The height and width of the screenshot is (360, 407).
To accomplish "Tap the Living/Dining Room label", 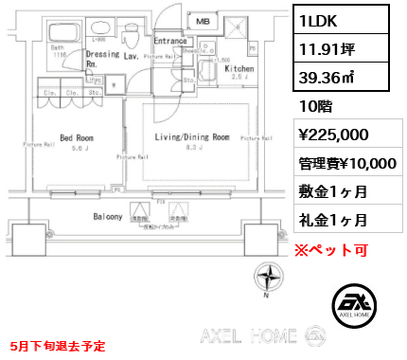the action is pyautogui.click(x=192, y=136).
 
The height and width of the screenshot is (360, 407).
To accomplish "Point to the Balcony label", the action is pyautogui.click(x=106, y=217).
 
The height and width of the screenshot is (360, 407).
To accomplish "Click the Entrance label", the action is pyautogui.click(x=170, y=41).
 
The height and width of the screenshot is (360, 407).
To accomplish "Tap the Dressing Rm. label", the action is pyautogui.click(x=101, y=59).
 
